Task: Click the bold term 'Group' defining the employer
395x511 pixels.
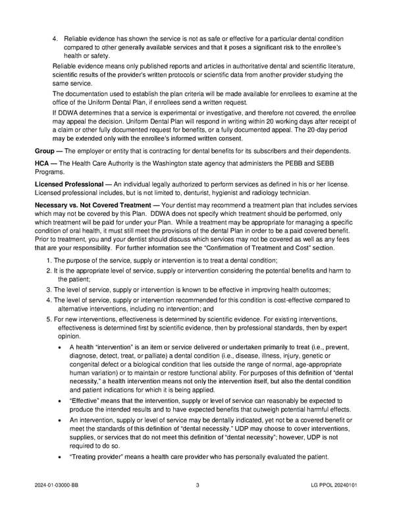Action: pos(44,151)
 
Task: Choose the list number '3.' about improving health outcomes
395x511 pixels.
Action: pos(49,290)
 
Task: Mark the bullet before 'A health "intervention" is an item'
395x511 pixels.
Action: pos(61,348)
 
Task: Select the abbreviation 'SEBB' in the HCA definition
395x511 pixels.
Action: pos(342,163)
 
